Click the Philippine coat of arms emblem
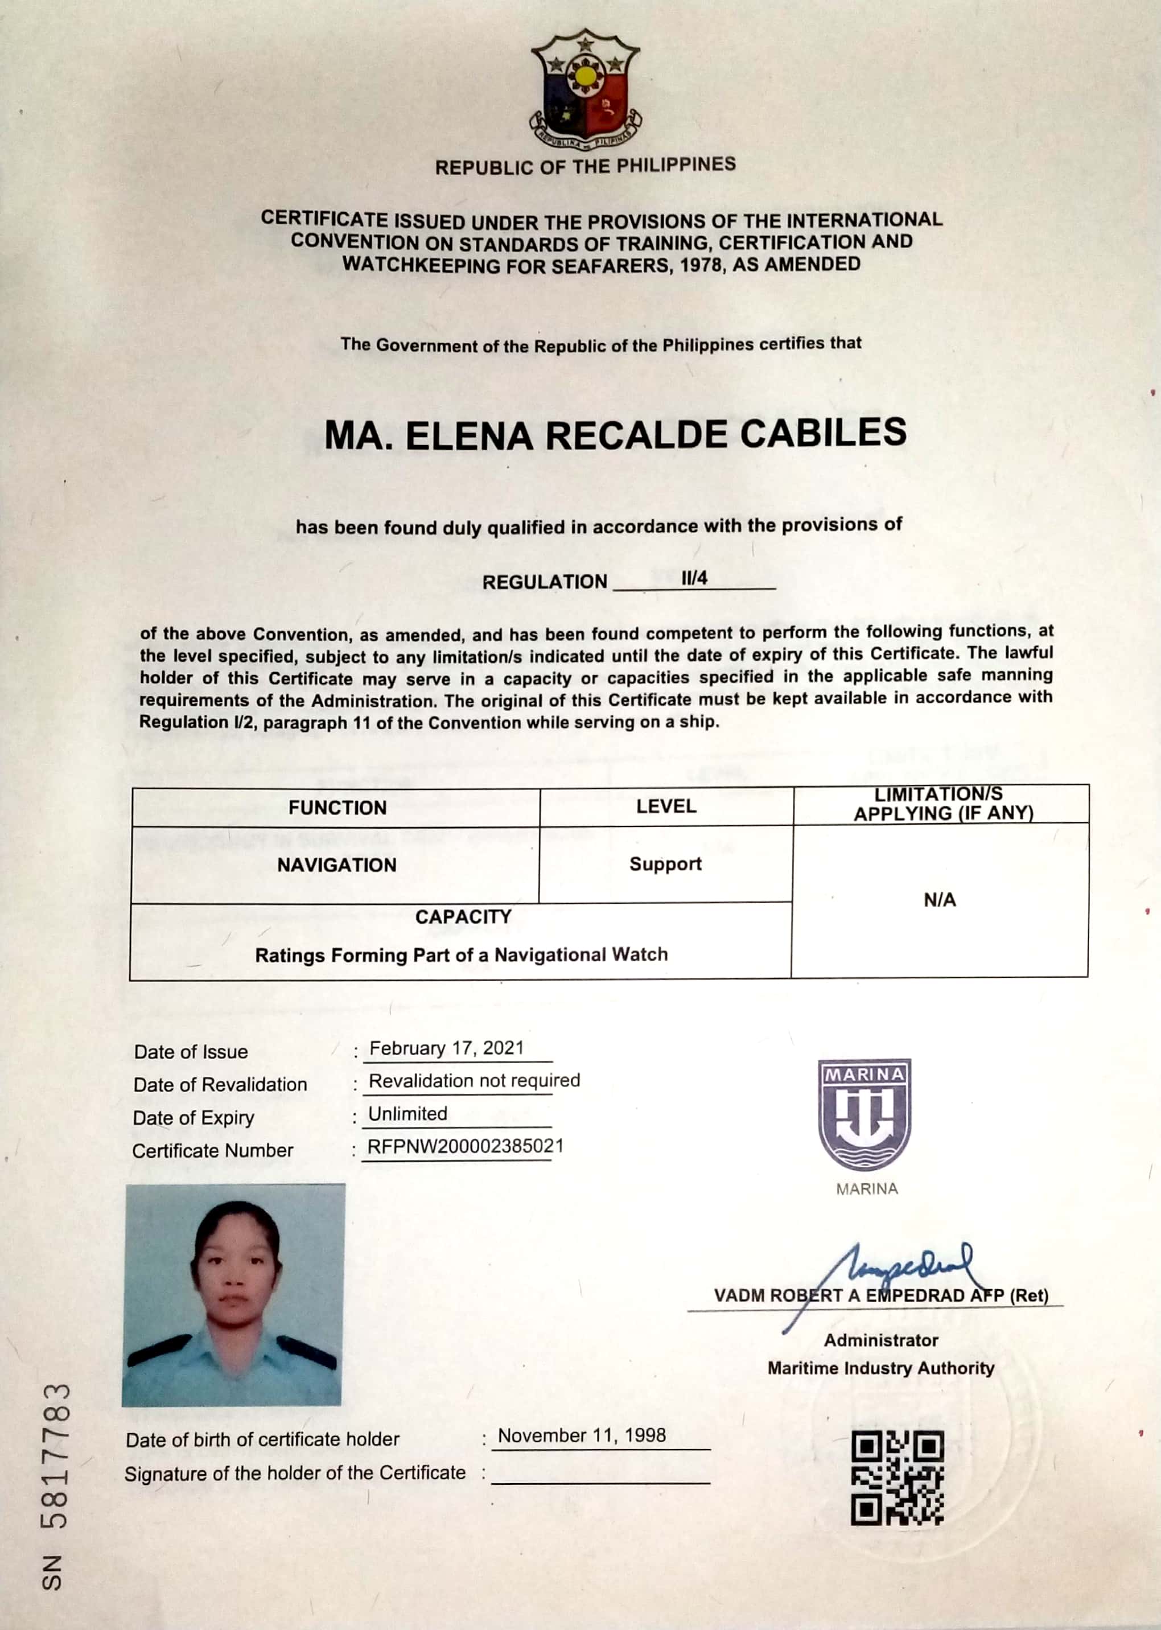pos(585,87)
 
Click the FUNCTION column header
pos(337,808)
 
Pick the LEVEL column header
pos(665,806)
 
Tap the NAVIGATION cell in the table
pos(337,865)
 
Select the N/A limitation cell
pos(940,899)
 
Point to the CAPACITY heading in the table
pos(463,916)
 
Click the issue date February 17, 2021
pos(447,1048)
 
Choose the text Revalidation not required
pos(474,1080)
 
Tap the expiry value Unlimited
pos(407,1113)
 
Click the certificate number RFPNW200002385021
pos(466,1146)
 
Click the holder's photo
pos(233,1294)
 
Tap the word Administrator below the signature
pos(881,1340)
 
